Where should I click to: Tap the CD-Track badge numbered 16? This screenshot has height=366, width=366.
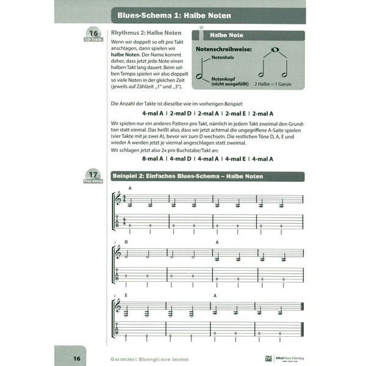coord(93,35)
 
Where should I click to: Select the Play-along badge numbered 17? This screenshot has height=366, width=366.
coord(93,176)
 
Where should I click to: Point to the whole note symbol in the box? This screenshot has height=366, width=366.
coord(276,49)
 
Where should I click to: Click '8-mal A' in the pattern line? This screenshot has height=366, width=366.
coord(152,159)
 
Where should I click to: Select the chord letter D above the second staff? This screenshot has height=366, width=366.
coord(127,242)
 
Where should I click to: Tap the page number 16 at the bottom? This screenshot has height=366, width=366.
coord(77,357)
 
